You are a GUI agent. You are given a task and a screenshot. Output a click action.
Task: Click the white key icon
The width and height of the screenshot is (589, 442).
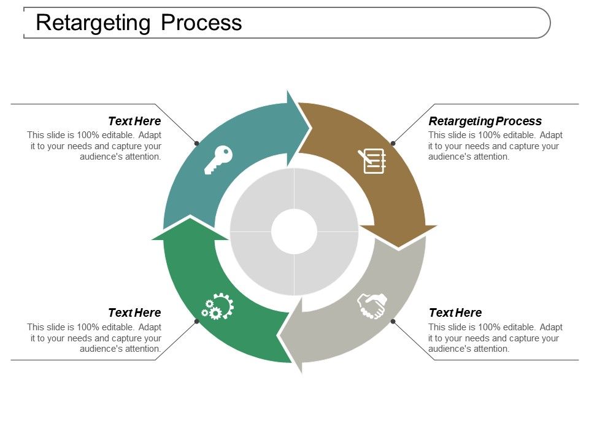[218, 160]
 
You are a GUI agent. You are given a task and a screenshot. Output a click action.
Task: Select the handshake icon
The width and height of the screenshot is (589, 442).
[372, 305]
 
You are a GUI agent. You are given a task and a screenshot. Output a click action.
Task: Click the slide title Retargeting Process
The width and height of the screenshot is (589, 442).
[139, 23]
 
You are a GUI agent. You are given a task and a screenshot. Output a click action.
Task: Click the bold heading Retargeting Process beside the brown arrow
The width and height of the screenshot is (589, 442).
[485, 121]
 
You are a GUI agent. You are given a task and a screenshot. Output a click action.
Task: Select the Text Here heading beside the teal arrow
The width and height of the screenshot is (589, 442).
[134, 121]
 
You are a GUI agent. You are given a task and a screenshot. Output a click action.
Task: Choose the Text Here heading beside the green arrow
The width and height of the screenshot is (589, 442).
[134, 312]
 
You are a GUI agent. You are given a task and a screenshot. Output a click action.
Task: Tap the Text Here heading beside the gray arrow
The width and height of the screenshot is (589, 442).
[455, 312]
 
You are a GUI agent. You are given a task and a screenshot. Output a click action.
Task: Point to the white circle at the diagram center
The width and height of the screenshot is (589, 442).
[294, 232]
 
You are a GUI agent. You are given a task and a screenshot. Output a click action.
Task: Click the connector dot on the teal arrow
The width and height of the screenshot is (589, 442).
[196, 143]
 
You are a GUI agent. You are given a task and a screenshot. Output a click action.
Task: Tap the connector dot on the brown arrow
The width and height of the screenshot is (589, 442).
[393, 143]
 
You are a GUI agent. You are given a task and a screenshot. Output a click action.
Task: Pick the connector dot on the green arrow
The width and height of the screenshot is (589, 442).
[196, 321]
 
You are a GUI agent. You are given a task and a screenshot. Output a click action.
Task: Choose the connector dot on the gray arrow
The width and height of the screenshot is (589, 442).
[393, 321]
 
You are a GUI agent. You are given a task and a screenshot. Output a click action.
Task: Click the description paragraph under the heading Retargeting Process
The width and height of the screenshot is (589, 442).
[495, 146]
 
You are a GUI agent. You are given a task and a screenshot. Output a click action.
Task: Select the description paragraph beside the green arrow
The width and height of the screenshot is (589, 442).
[94, 338]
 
